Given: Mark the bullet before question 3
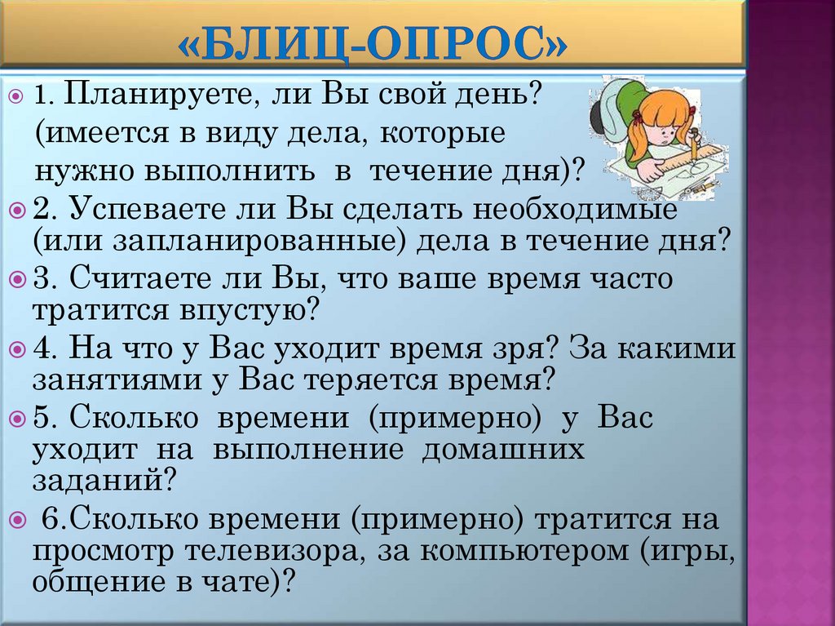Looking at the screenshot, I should tap(18, 280).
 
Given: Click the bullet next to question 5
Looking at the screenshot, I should tap(18, 419).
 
